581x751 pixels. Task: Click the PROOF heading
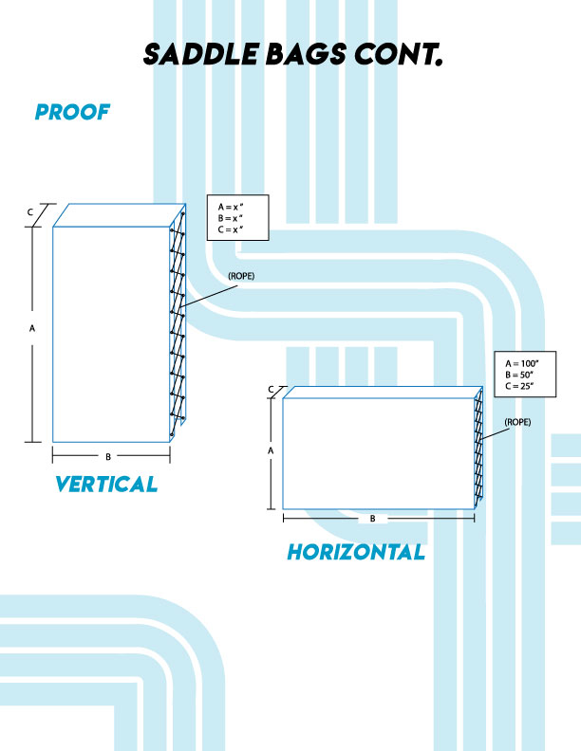tap(72, 113)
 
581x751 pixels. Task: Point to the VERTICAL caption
tap(105, 485)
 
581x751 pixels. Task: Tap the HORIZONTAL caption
tap(356, 552)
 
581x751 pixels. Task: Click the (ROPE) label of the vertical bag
tap(241, 275)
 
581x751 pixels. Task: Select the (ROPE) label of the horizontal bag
tap(517, 421)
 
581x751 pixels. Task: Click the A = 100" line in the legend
tap(523, 363)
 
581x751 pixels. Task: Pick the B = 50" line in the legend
tap(521, 375)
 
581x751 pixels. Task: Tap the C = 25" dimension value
tap(521, 386)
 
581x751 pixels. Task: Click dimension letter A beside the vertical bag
tap(32, 328)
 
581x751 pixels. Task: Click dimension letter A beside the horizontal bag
tap(271, 451)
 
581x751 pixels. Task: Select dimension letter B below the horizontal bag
tap(373, 519)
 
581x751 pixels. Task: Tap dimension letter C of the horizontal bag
tap(271, 389)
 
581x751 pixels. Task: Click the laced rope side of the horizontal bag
tap(478, 446)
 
